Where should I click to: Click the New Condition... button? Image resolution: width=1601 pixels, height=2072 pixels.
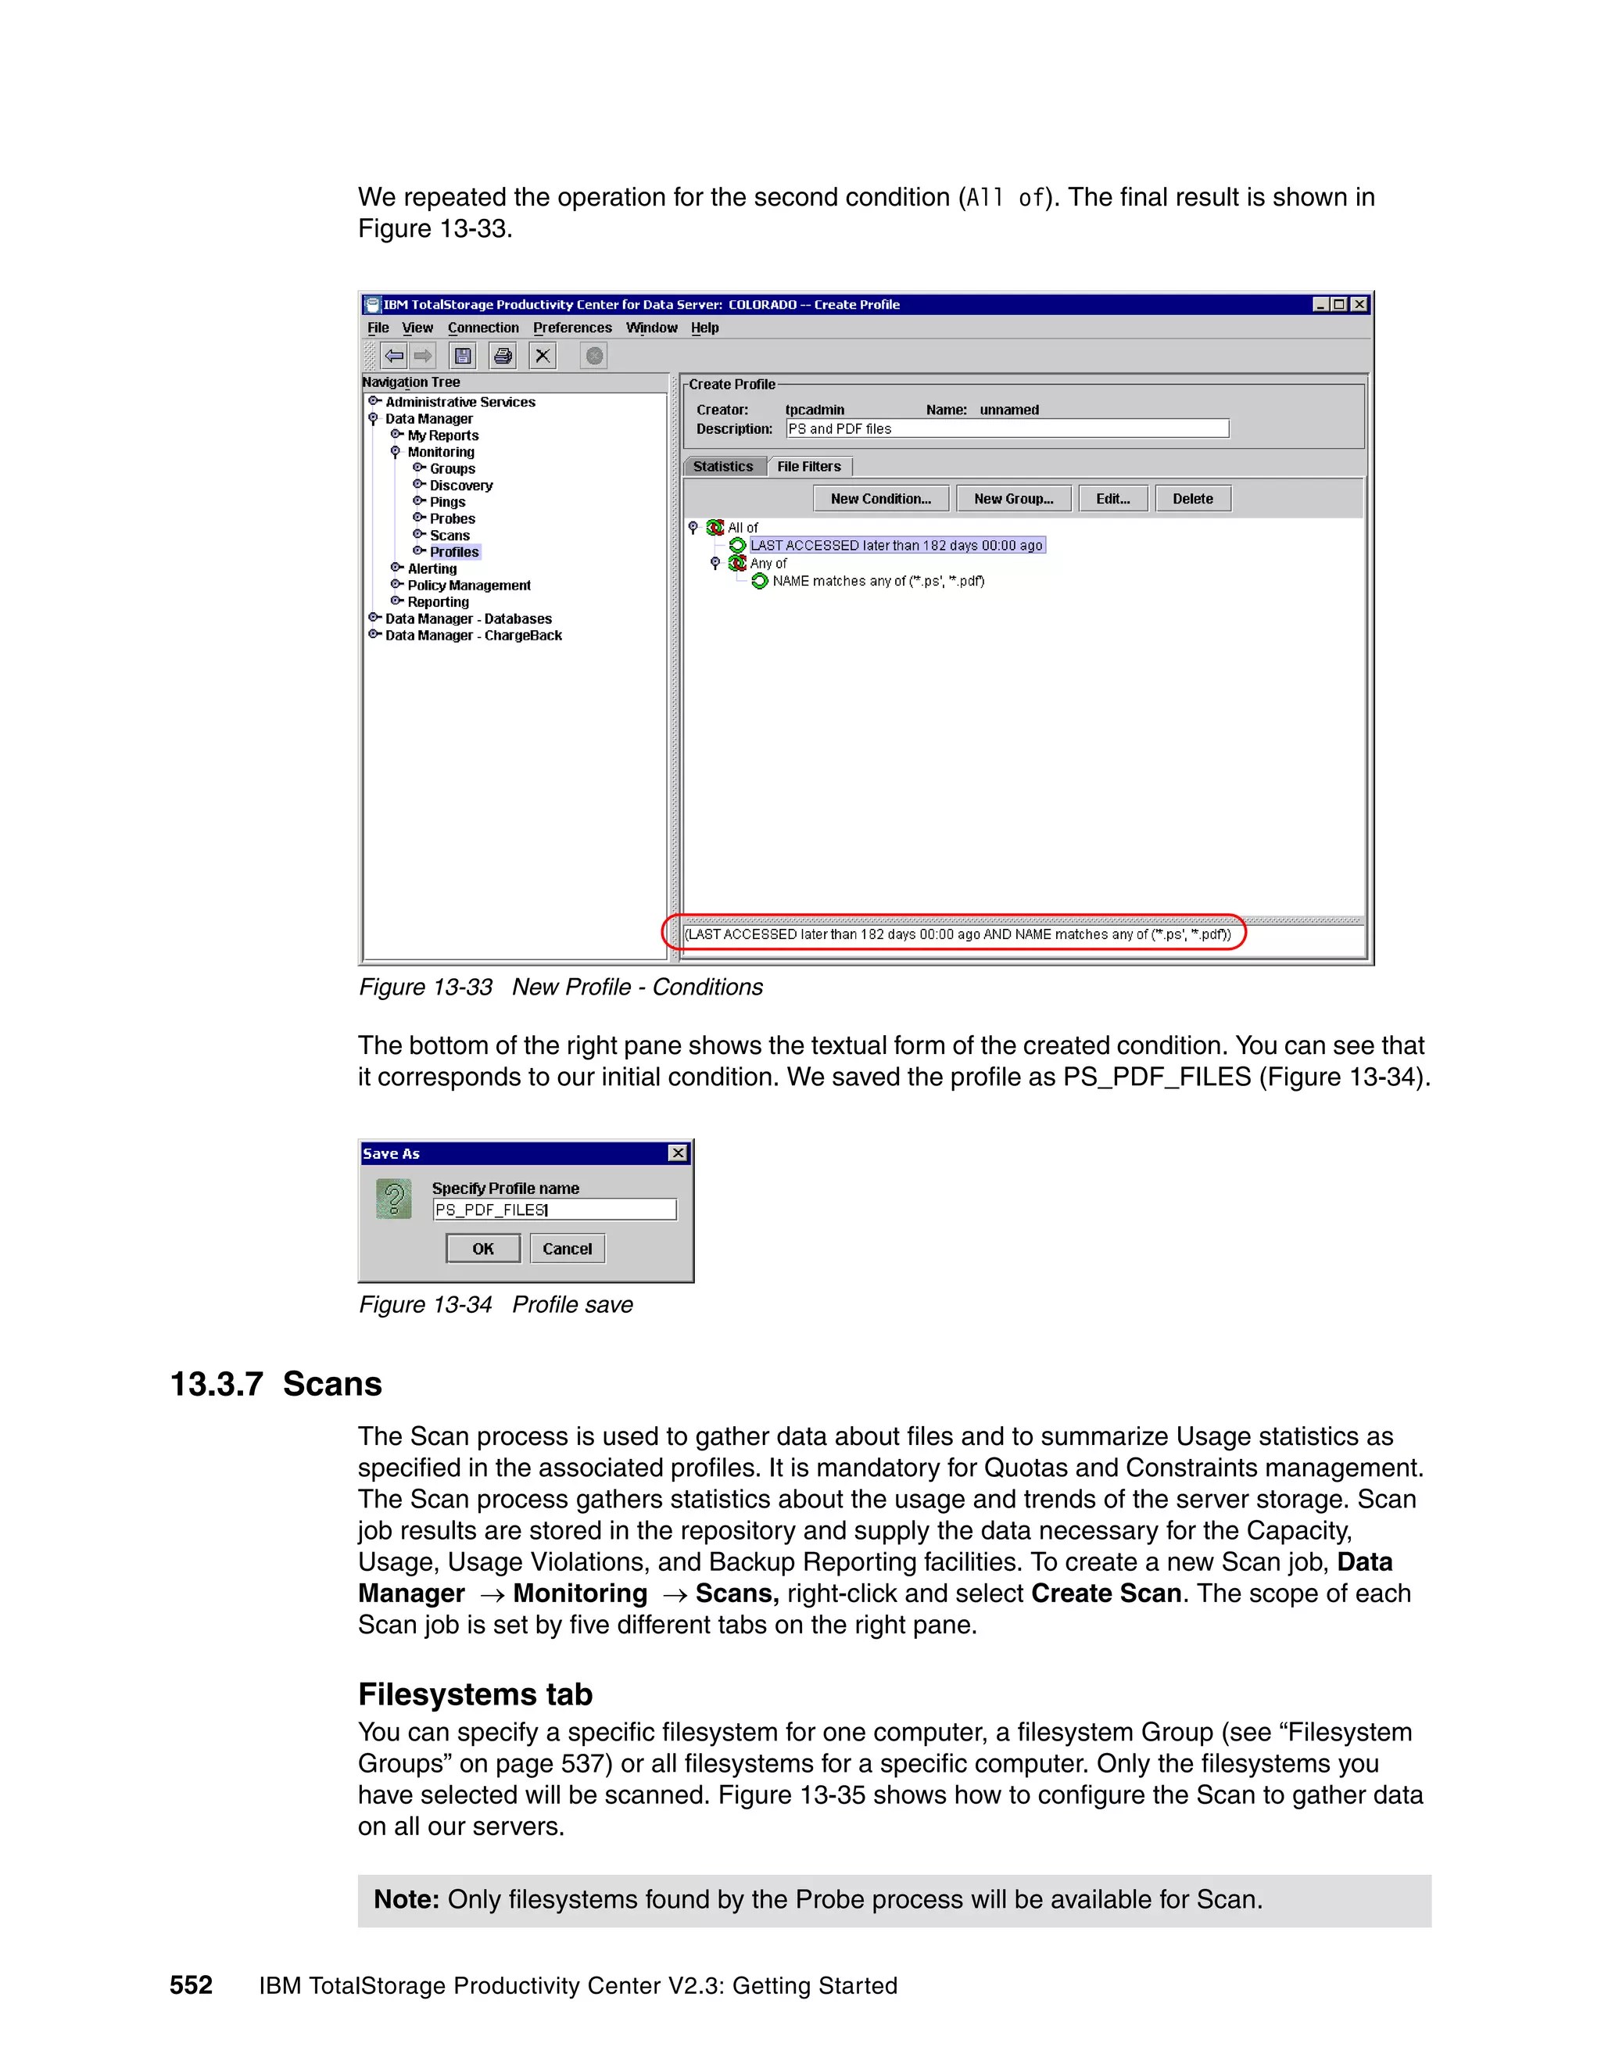[880, 499]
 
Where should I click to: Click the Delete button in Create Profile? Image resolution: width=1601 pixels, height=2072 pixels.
[1192, 499]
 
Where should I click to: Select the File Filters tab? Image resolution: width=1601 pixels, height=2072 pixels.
[808, 467]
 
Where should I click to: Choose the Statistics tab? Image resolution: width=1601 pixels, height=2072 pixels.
[723, 467]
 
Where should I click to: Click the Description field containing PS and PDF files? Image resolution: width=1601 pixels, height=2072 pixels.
[1006, 428]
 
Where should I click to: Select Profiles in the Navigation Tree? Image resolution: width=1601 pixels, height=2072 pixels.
[454, 552]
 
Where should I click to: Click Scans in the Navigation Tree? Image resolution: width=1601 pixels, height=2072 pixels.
[449, 535]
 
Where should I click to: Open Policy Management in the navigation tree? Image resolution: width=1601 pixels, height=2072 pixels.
[468, 586]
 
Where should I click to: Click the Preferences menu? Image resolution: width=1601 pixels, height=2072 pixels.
[572, 328]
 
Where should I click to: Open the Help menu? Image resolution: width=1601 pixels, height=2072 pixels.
[704, 328]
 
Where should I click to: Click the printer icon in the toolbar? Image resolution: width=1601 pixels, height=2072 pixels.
[503, 356]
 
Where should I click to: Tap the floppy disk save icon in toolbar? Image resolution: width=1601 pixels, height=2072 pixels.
[463, 356]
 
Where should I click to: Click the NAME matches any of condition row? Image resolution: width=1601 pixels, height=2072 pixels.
[877, 582]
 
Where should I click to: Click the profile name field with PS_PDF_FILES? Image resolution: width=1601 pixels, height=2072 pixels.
[554, 1210]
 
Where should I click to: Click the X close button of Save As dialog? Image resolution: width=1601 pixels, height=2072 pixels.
[677, 1153]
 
